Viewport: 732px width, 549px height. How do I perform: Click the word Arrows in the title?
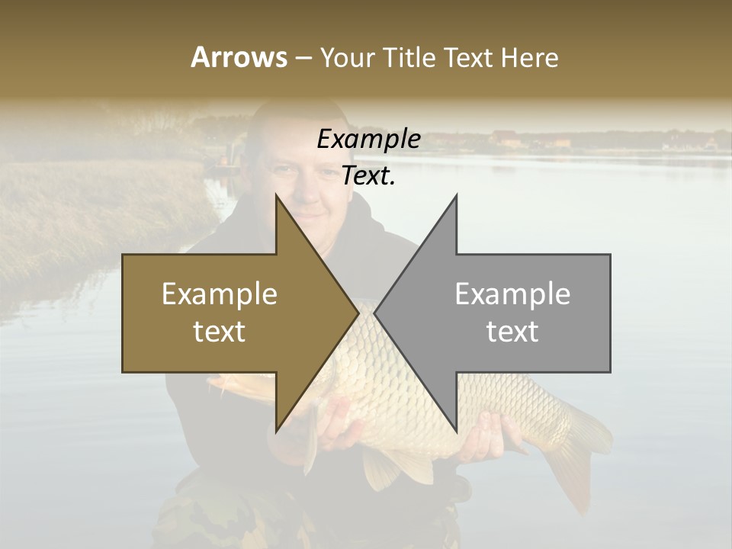click(x=239, y=57)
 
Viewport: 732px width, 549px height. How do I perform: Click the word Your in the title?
click(x=347, y=58)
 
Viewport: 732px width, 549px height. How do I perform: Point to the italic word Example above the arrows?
click(x=368, y=140)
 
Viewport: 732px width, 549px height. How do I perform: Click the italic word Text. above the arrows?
click(x=368, y=176)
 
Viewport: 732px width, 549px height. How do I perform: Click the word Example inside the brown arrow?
click(x=220, y=294)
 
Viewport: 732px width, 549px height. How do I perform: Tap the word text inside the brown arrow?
click(x=220, y=331)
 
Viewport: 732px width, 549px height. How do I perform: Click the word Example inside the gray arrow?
click(x=512, y=294)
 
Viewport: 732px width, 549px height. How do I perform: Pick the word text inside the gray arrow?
click(x=512, y=331)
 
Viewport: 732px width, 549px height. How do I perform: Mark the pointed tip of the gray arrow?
click(x=377, y=313)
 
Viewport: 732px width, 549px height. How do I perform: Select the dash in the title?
click(x=303, y=58)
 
